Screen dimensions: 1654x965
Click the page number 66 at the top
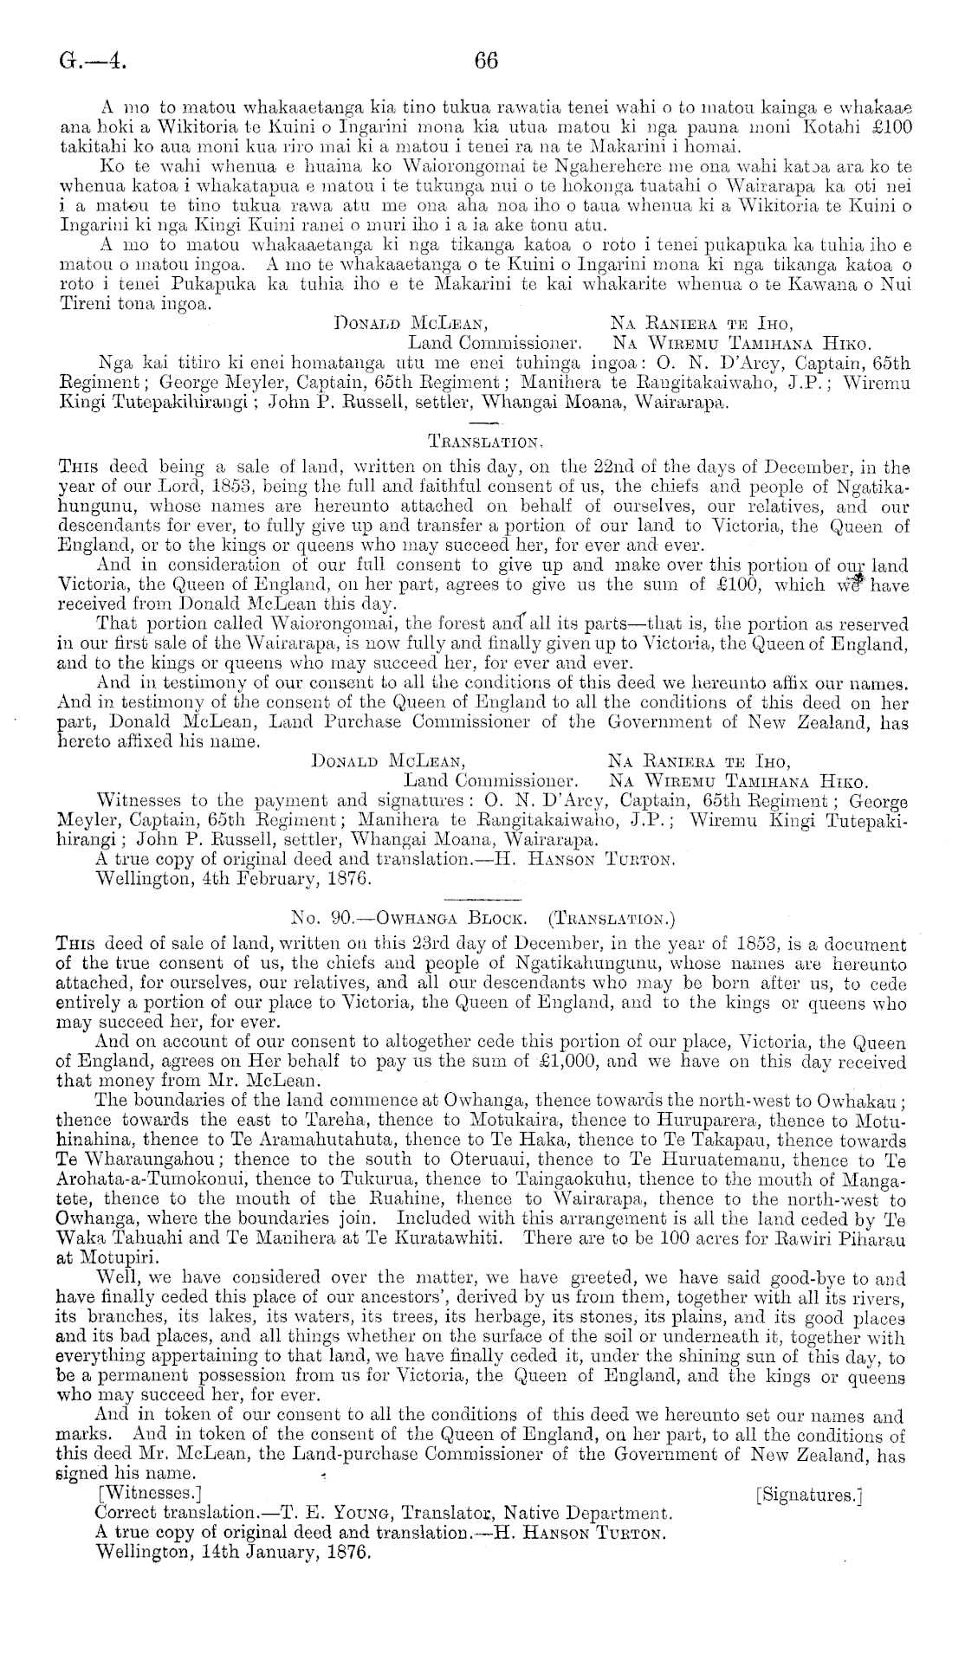pos(485,61)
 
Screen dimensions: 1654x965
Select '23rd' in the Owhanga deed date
pos(381,946)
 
